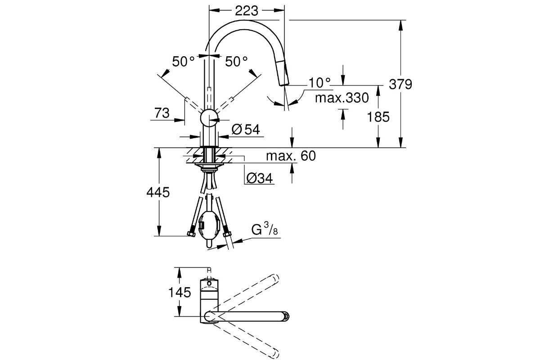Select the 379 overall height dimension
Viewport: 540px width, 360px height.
[x=401, y=84]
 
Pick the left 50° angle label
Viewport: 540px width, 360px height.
[x=183, y=62]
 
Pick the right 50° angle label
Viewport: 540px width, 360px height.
[x=236, y=62]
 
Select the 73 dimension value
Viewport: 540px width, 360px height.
[x=162, y=113]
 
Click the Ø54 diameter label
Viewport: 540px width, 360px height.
[x=245, y=130]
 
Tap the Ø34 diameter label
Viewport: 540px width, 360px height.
[x=260, y=179]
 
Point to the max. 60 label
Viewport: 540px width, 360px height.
[x=290, y=156]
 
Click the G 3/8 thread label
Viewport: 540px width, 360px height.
[x=264, y=231]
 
